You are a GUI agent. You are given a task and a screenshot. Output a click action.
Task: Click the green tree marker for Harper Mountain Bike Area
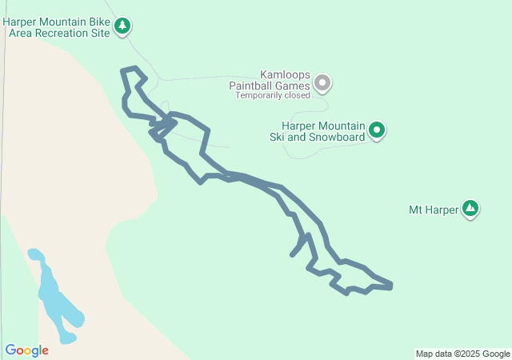[122, 26]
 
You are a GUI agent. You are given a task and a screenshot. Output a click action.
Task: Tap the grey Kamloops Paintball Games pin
[322, 82]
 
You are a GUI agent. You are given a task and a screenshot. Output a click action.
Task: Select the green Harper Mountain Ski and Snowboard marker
[377, 129]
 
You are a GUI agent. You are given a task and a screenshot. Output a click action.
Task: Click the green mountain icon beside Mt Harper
[471, 210]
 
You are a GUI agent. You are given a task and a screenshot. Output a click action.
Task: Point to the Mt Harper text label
[433, 210]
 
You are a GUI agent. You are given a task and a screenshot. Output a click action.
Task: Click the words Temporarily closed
[272, 95]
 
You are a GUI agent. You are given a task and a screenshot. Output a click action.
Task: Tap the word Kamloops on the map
[286, 74]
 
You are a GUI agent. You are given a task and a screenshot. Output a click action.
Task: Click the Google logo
[26, 350]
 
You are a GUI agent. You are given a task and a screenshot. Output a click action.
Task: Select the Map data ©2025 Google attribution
[462, 354]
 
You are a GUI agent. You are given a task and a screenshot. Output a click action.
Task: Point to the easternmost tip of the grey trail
[391, 285]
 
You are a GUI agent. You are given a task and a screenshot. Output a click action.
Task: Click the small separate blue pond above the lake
[35, 255]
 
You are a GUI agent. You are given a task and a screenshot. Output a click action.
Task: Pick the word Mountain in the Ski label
[343, 126]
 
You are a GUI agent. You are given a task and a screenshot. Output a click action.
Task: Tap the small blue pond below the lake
[67, 338]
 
